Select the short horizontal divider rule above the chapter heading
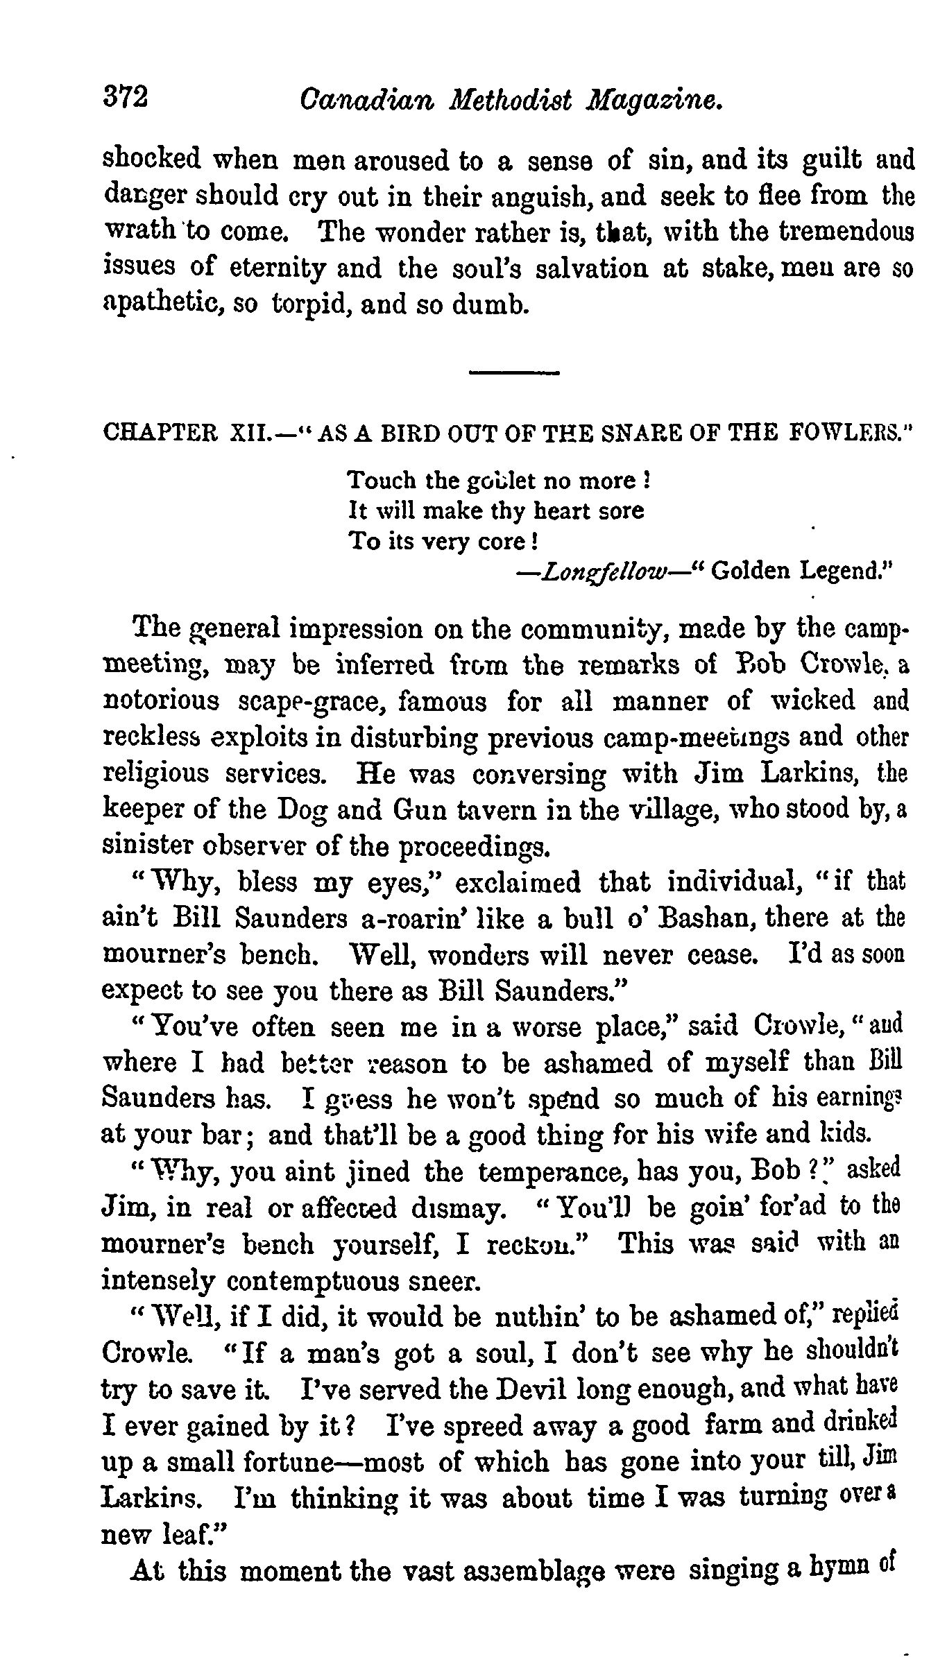[513, 373]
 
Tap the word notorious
[160, 701]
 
